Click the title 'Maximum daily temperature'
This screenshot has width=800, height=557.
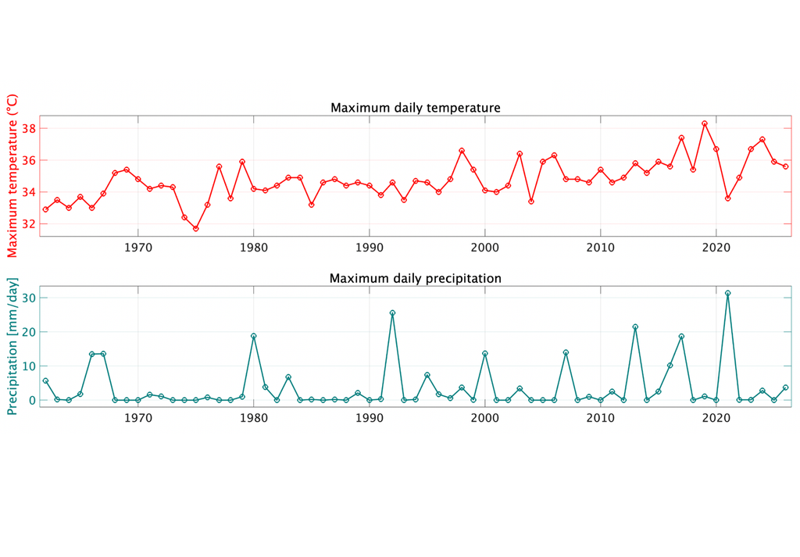[x=415, y=108]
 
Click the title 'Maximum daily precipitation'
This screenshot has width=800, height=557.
[x=415, y=278]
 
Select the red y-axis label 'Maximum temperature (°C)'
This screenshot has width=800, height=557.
[x=12, y=176]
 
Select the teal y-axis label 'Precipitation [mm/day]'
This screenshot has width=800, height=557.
[x=12, y=346]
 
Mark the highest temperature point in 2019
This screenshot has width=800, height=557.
[x=705, y=123]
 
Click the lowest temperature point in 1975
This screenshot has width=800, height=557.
[x=196, y=229]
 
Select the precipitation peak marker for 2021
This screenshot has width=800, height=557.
[x=728, y=293]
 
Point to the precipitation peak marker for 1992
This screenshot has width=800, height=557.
[x=392, y=312]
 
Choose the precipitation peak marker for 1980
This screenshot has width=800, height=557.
[x=254, y=336]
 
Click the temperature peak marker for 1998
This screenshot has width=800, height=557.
[x=462, y=151]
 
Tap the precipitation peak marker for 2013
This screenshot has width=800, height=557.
[x=635, y=327]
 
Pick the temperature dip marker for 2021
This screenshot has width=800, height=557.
[x=728, y=198]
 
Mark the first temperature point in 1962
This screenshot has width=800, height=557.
[x=45, y=209]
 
